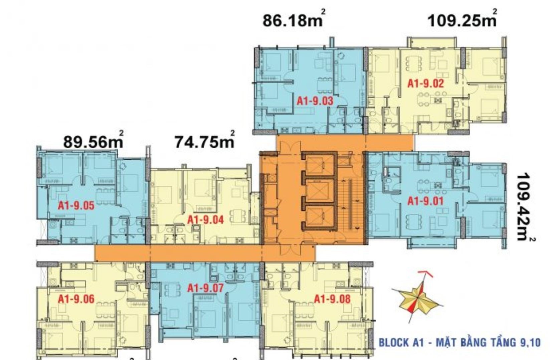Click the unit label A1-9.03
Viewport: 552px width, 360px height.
(x=315, y=101)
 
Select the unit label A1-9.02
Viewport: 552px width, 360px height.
(x=425, y=83)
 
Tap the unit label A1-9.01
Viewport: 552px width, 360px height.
(x=425, y=201)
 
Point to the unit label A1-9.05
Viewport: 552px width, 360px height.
(x=76, y=205)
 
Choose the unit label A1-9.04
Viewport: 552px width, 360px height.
(x=205, y=220)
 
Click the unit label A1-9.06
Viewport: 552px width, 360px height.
(x=76, y=299)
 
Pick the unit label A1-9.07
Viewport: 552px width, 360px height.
(x=205, y=288)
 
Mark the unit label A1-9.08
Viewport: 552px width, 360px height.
(x=332, y=299)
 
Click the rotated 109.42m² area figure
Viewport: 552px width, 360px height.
(x=524, y=207)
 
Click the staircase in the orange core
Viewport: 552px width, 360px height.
(x=350, y=204)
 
